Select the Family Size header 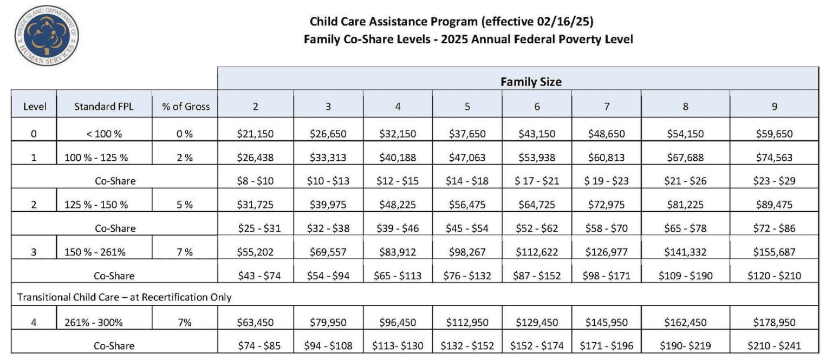pyautogui.click(x=530, y=82)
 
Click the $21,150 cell pyautogui.click(x=255, y=134)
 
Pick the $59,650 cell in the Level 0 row pyautogui.click(x=774, y=134)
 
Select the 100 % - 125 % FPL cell pyautogui.click(x=103, y=158)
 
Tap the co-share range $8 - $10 pyautogui.click(x=255, y=181)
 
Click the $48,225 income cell pyautogui.click(x=398, y=205)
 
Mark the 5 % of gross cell pyautogui.click(x=185, y=205)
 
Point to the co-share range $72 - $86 pyautogui.click(x=774, y=228)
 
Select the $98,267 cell pyautogui.click(x=467, y=252)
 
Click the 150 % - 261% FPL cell pyautogui.click(x=103, y=252)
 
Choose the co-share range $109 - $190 pyautogui.click(x=685, y=276)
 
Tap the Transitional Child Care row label pyautogui.click(x=125, y=297)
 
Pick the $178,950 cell pyautogui.click(x=774, y=323)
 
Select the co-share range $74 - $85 pyautogui.click(x=255, y=345)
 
